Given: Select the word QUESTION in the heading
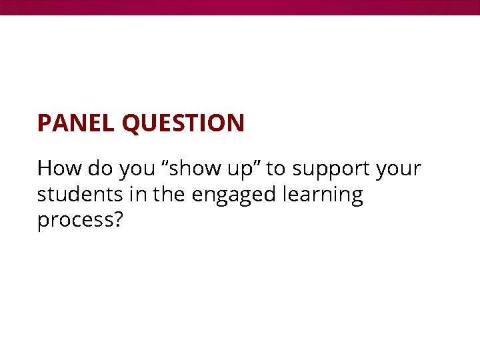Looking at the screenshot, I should [183, 123].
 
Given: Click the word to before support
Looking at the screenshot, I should [275, 169].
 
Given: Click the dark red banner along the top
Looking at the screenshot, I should [240, 7].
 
